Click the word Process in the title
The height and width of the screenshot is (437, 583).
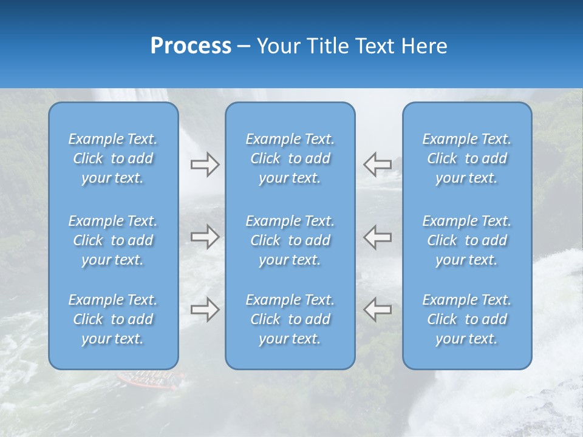point(191,46)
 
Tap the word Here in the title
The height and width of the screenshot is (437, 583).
point(424,46)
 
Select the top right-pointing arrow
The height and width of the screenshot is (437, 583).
point(205,164)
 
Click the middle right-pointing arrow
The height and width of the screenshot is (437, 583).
point(205,237)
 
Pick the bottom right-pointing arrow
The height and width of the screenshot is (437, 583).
point(205,309)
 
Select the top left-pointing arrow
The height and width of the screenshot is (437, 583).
point(377,164)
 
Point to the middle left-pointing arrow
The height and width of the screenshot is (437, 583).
point(377,237)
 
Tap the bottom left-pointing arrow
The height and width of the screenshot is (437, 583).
point(377,309)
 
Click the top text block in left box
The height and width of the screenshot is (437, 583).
point(113,158)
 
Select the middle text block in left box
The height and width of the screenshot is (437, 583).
point(113,240)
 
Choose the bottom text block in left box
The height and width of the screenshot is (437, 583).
point(113,319)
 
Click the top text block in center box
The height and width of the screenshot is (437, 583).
point(290,158)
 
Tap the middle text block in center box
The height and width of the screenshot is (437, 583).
point(290,240)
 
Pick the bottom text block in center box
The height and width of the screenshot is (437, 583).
point(290,319)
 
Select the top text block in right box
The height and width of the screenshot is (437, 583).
point(467,158)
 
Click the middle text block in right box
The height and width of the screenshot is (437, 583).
point(467,240)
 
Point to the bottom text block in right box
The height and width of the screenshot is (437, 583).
point(467,319)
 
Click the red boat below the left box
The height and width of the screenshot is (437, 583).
point(146,379)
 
